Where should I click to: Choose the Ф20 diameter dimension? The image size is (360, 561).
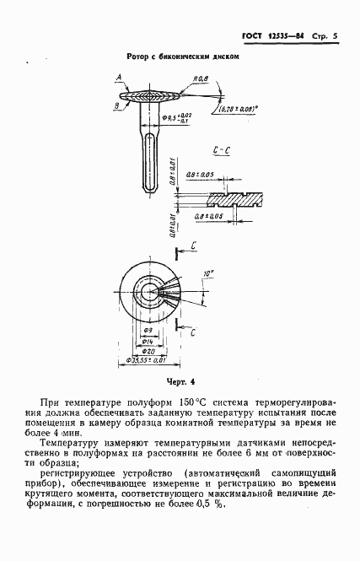click(x=148, y=348)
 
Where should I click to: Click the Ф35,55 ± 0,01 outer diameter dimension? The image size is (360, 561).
click(x=148, y=360)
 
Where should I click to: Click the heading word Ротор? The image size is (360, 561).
click(x=137, y=57)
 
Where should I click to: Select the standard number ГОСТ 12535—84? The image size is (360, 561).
click(x=270, y=36)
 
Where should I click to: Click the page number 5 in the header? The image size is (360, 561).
click(x=335, y=36)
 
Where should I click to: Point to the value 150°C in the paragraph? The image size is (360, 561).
click(x=187, y=406)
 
